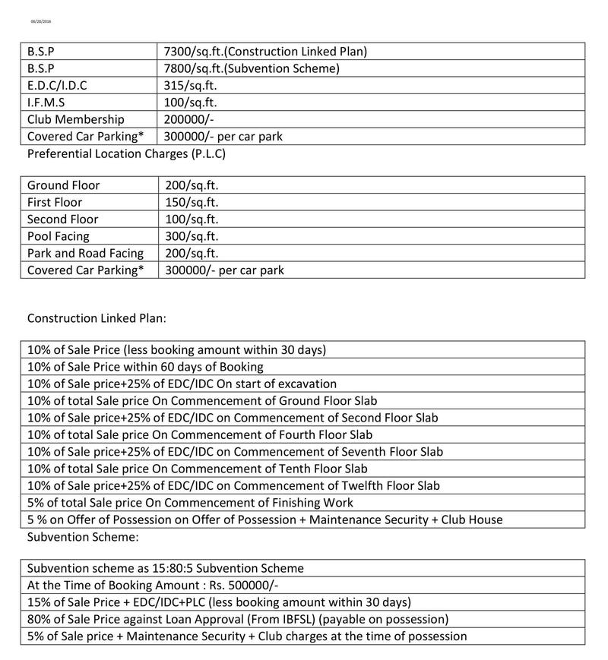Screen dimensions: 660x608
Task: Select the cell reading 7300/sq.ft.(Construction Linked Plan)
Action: (x=266, y=52)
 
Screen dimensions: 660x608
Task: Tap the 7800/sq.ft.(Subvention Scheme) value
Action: (x=252, y=68)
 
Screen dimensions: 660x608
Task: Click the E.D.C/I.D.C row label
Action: (x=57, y=85)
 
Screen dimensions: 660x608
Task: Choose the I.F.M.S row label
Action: (x=46, y=102)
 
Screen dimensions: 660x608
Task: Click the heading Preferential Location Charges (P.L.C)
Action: (x=126, y=153)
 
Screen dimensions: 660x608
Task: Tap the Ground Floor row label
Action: (x=63, y=185)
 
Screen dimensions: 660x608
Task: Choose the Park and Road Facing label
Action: (x=85, y=253)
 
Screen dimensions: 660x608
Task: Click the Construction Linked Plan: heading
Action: (x=97, y=317)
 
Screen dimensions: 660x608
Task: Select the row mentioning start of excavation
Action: (x=182, y=384)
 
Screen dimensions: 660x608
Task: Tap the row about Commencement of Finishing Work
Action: (x=190, y=502)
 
